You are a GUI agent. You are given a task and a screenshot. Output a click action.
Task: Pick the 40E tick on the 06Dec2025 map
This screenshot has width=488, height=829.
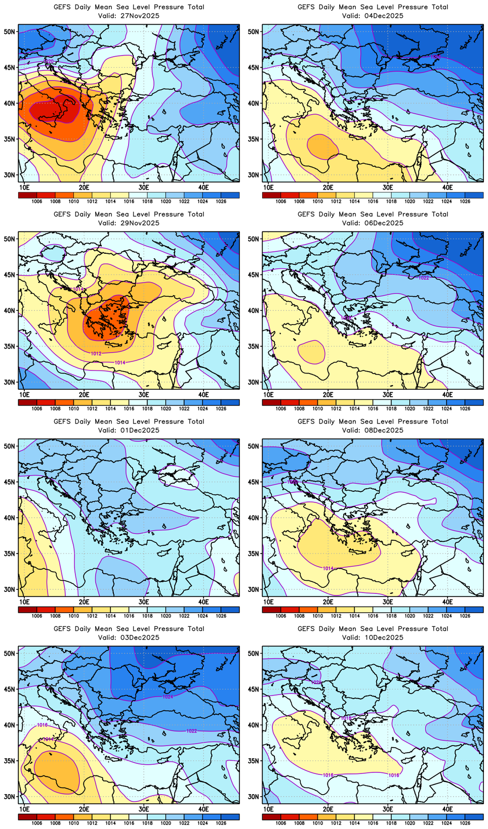point(448,394)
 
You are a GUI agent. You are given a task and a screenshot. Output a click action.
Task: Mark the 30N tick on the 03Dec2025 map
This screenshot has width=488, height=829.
point(9,797)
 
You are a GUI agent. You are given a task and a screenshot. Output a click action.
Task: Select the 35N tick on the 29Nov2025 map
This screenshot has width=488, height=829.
point(9,346)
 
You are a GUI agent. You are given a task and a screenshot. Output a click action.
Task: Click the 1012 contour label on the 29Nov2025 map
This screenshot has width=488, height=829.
point(96,353)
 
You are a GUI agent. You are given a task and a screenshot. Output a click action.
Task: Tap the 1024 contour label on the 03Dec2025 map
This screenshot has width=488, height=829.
point(168,697)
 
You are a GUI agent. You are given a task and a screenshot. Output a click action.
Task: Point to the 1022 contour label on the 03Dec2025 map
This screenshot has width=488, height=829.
point(191,731)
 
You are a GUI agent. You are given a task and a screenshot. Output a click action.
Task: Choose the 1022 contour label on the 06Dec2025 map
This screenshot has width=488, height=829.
point(424,278)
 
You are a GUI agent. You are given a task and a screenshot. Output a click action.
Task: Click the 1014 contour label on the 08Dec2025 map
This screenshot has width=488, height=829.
point(328,569)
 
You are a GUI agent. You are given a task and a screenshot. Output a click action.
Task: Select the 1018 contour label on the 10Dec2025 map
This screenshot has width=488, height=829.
point(346,718)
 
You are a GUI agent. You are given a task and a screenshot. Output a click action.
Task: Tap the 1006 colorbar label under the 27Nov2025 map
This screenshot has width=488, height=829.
point(37,201)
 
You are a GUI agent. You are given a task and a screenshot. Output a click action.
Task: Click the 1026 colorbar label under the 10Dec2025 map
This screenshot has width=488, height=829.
point(465,823)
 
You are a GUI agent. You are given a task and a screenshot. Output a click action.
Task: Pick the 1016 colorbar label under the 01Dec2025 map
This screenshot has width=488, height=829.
point(129,616)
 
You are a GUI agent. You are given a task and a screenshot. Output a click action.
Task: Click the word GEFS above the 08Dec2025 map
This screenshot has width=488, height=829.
point(306,422)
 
